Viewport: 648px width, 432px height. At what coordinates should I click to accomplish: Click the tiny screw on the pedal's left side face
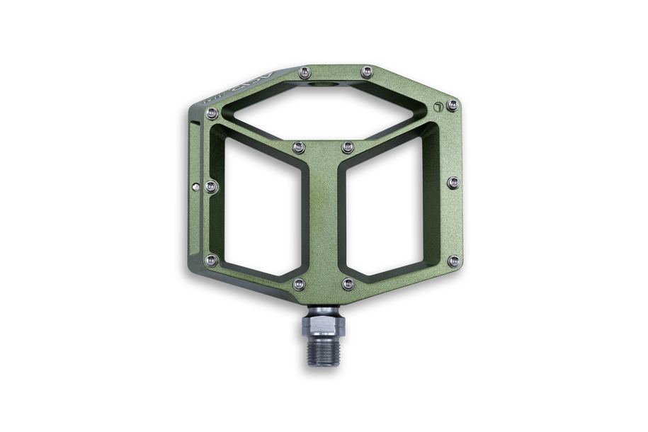(196, 186)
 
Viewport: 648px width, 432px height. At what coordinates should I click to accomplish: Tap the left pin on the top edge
(305, 72)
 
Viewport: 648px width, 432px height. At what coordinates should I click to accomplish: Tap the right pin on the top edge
(366, 72)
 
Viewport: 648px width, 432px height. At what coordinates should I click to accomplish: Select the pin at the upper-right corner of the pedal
(453, 106)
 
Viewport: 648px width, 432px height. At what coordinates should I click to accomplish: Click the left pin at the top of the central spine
(298, 147)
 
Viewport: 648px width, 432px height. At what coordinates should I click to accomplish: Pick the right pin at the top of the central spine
(347, 147)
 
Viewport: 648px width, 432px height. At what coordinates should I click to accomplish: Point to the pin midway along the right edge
(454, 184)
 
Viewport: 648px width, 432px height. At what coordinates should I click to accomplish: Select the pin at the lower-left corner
(210, 261)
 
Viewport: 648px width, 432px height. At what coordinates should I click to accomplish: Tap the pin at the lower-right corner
(454, 261)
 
